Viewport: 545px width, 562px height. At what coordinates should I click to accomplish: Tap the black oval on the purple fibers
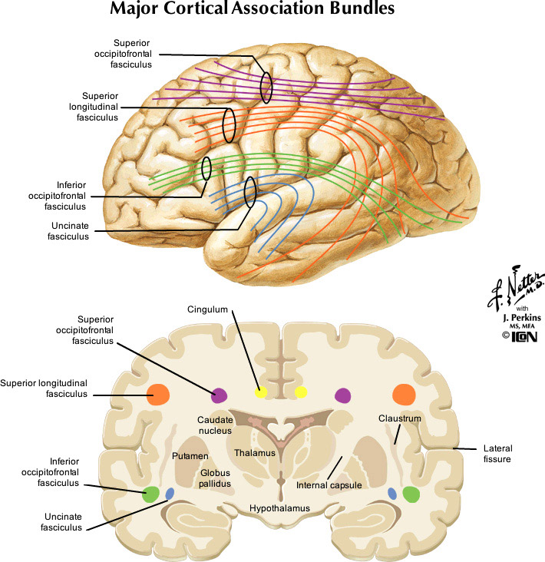click(x=266, y=88)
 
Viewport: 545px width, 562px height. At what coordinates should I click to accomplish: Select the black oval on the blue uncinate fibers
click(x=249, y=193)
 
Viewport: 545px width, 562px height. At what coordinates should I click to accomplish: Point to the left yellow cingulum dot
click(x=261, y=392)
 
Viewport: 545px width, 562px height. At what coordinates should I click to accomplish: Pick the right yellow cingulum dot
click(x=301, y=392)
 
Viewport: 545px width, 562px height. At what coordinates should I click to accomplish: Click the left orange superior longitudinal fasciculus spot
click(x=159, y=395)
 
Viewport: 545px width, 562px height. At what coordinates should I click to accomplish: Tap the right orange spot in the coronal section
click(x=404, y=395)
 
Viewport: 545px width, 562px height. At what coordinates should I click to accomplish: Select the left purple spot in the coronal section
click(x=219, y=395)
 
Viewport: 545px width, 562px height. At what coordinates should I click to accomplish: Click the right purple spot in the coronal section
click(x=342, y=395)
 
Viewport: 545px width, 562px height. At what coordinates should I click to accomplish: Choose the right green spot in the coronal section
click(x=412, y=494)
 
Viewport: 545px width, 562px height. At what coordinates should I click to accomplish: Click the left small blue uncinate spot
click(x=170, y=493)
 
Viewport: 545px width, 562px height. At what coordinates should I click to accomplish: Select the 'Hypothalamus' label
click(x=279, y=508)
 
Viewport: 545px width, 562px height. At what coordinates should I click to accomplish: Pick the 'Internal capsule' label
click(x=329, y=485)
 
